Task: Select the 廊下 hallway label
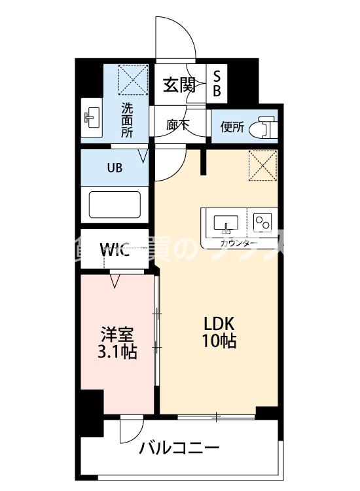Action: pos(177,125)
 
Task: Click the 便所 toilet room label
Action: pos(232,126)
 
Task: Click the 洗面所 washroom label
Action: pos(127,120)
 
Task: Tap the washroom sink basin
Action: pos(91,119)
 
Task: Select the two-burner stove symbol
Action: pos(263,223)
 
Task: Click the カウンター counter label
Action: pos(238,243)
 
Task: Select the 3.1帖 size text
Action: pos(118,352)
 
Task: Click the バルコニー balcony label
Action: pos(179,449)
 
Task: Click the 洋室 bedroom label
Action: pos(118,334)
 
